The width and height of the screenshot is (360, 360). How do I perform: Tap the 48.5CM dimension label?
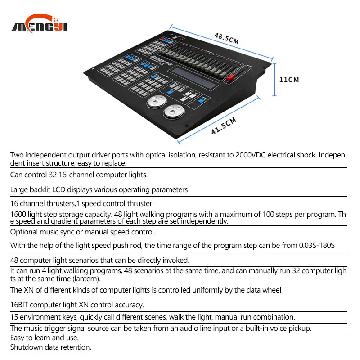(226, 38)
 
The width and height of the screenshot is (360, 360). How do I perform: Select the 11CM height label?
(289, 80)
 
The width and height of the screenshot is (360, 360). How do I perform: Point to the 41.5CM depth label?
(224, 126)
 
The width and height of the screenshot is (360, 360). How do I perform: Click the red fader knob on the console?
(230, 78)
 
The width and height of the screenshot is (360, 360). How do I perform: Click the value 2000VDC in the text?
(252, 155)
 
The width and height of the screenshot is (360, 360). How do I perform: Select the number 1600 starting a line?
(19, 214)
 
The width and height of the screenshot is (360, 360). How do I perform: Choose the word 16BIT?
(20, 305)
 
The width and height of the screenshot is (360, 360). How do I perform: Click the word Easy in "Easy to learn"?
(18, 337)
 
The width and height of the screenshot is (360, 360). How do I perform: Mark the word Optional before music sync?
(25, 232)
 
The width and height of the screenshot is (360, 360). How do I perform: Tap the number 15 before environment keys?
(14, 317)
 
